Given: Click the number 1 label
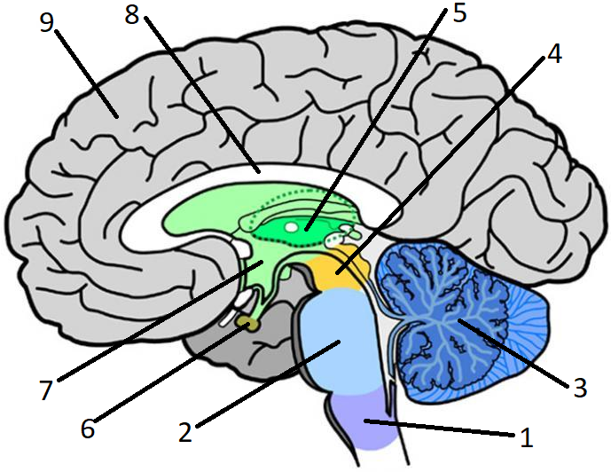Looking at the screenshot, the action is pos(527,437).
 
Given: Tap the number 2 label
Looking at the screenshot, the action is pos(185,432).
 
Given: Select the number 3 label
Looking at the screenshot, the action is pos(580,388).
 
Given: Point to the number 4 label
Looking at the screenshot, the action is pos(553,54).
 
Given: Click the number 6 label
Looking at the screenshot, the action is pos(88,429).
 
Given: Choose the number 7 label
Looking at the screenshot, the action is pos(46,390).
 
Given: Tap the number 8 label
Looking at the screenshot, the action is pos(132,15).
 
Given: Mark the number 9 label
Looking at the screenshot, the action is pos(47,23).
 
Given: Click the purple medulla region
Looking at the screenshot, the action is pos(364,421).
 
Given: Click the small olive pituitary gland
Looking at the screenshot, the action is pos(248,323).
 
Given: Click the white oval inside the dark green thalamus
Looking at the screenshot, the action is pos(291,226).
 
